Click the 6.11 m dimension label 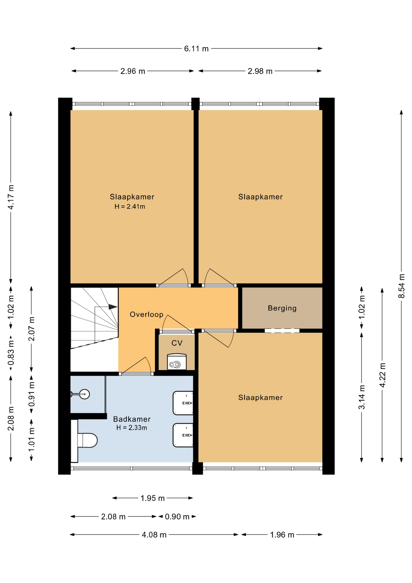[x=196, y=49]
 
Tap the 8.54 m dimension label [x=401, y=286]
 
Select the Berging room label [x=282, y=308]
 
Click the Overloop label [x=147, y=314]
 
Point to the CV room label [x=177, y=343]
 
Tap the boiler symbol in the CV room [x=177, y=362]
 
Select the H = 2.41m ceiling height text [x=130, y=207]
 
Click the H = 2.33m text [x=132, y=428]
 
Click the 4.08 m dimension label [x=154, y=535]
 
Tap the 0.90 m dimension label [x=177, y=517]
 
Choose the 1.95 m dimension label [x=152, y=498]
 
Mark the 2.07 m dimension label [x=32, y=329]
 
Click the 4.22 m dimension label [x=382, y=375]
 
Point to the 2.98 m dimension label [x=260, y=71]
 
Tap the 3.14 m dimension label [x=362, y=397]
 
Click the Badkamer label [x=132, y=419]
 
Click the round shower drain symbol [x=85, y=394]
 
